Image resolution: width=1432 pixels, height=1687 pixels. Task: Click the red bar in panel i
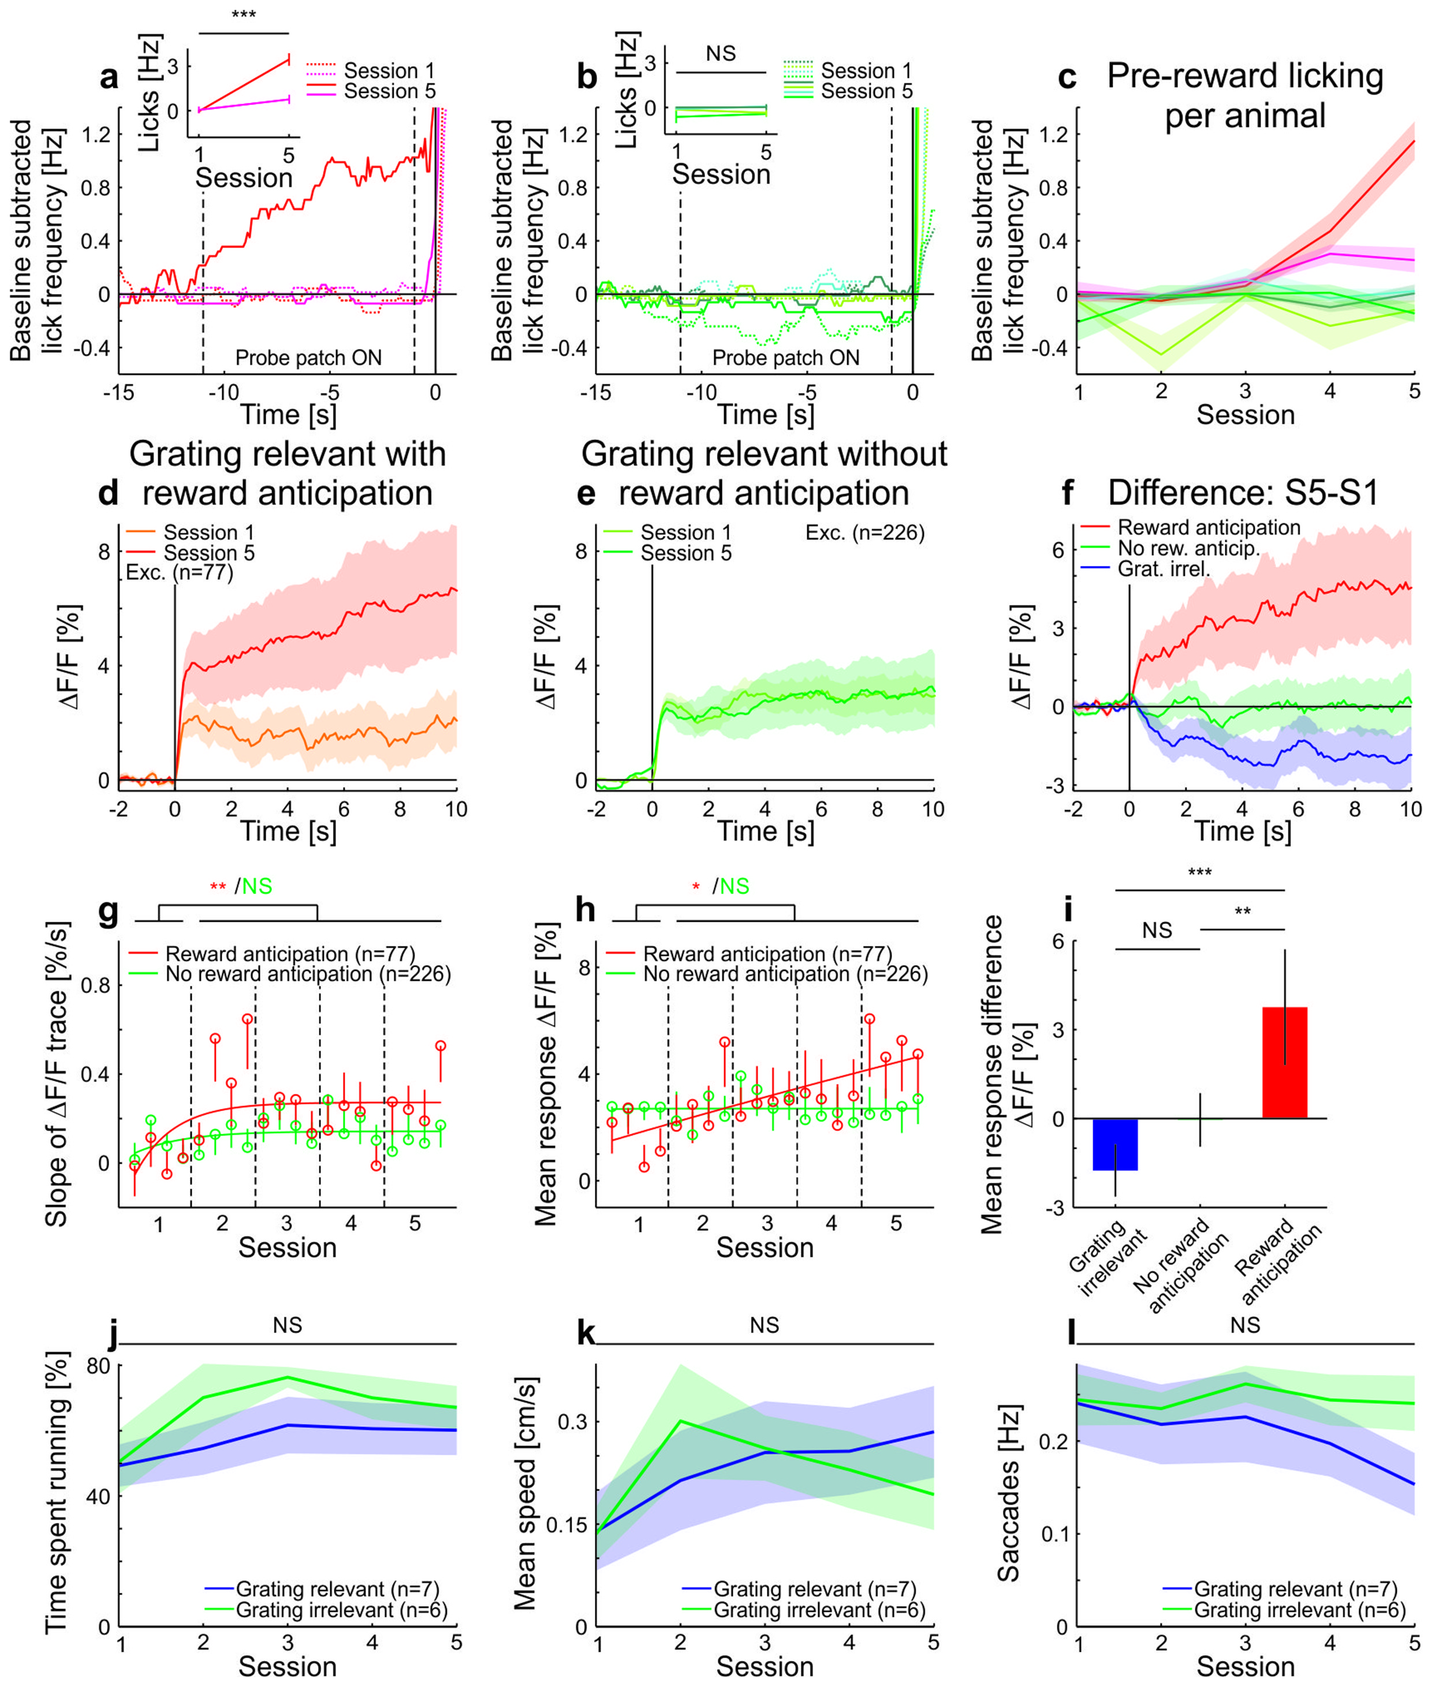coord(1284,1062)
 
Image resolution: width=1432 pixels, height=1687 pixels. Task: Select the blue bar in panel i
coord(1116,1144)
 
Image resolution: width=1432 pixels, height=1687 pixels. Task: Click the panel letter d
coord(108,493)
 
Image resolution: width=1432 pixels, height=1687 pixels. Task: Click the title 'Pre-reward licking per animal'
coord(1244,96)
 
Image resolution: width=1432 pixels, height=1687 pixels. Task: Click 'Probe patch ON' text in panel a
coord(308,358)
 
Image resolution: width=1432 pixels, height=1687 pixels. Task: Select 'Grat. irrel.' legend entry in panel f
coord(1163,569)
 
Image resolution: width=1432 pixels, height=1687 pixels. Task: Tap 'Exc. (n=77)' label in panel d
coord(180,572)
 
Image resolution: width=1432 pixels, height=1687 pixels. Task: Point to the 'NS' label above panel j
coord(288,1325)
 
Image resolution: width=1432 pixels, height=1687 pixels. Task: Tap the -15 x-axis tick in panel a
coord(118,393)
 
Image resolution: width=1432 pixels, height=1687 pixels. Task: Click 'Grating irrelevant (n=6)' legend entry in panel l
coord(1299,1610)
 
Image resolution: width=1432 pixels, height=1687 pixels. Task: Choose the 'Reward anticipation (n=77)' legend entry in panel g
coord(290,954)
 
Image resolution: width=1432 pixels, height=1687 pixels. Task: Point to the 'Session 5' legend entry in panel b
coord(866,91)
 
